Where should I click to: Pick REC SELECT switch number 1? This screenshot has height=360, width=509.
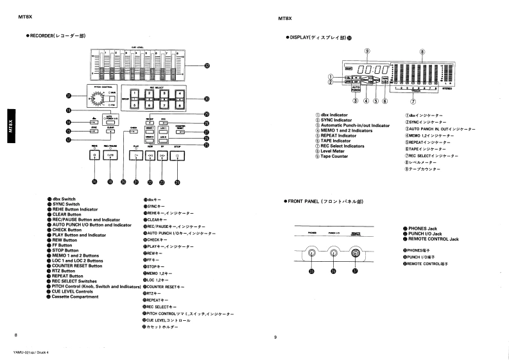[x=135, y=94]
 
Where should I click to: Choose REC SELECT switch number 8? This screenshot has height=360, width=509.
[x=179, y=107]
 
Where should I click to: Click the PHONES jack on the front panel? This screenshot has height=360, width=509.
[x=313, y=253]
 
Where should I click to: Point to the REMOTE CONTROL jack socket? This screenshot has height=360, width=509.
[x=356, y=253]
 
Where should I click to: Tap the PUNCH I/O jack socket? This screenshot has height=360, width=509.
[x=334, y=253]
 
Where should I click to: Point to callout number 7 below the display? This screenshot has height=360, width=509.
[x=414, y=101]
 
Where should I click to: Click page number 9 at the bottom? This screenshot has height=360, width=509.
[x=275, y=336]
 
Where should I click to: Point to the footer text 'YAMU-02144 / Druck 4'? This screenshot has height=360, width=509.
[x=30, y=353]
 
